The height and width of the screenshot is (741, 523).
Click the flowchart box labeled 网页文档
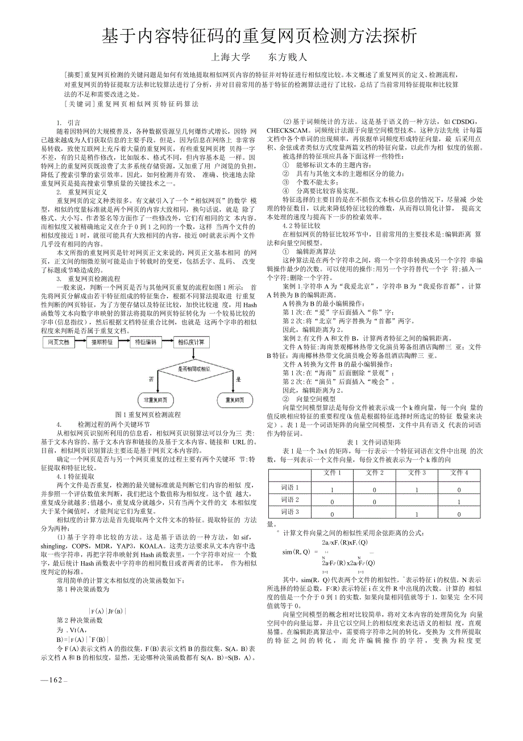click(x=59, y=342)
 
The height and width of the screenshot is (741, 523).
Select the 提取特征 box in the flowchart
click(x=102, y=342)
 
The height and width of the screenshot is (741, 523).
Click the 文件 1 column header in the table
click(x=332, y=473)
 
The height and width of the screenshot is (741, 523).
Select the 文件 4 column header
click(x=459, y=473)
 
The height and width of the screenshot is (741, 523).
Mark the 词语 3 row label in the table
click(x=290, y=512)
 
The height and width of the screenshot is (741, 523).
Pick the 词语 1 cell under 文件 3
click(x=417, y=489)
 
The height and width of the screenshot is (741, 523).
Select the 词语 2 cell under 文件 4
click(x=459, y=502)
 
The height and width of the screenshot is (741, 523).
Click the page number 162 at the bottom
click(x=55, y=680)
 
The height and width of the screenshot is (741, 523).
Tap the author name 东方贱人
click(x=288, y=57)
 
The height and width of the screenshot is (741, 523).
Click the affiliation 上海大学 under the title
click(x=230, y=57)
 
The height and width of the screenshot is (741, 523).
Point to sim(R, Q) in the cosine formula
click(x=296, y=551)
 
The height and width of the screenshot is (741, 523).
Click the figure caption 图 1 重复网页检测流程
click(x=148, y=415)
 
